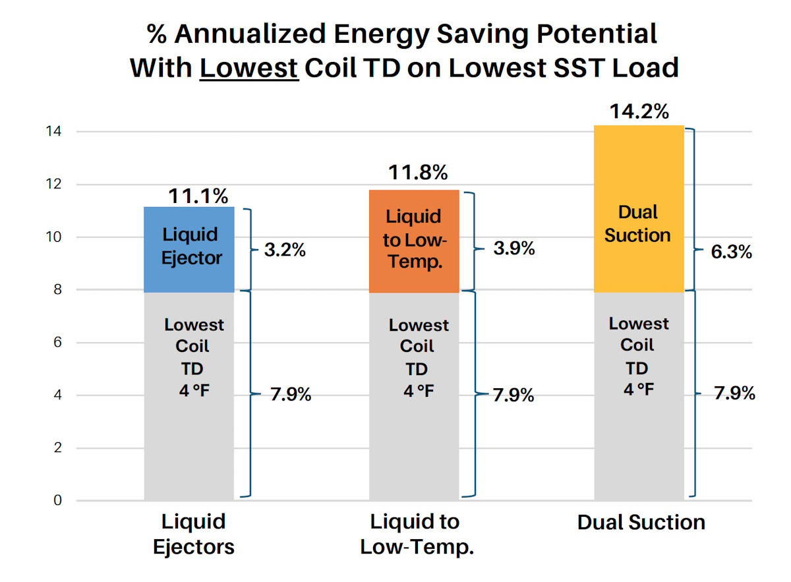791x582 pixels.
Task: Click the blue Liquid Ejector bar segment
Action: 189,249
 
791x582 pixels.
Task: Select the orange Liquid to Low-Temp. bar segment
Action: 413,241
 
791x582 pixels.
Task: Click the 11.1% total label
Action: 198,196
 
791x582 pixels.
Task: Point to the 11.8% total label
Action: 418,173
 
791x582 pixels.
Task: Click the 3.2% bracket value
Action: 285,250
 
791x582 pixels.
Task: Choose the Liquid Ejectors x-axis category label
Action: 194,534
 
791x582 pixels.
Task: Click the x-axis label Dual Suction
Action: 641,523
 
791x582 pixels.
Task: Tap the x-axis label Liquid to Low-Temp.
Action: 417,534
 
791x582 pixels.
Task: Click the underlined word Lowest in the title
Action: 249,67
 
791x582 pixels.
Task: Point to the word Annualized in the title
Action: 262,34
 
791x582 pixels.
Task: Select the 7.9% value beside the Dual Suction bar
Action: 734,394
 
